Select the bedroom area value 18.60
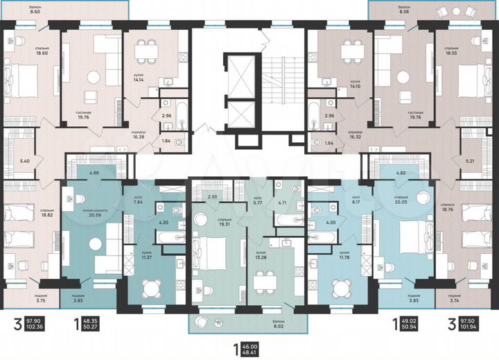(24, 53)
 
